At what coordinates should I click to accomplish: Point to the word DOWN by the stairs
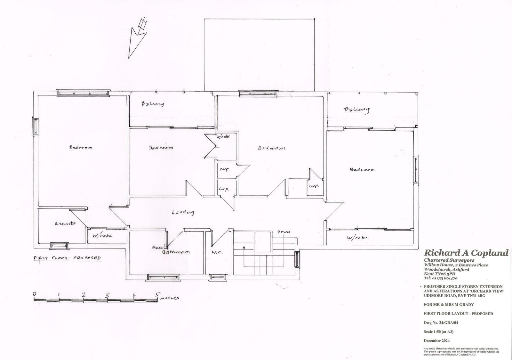[283, 232]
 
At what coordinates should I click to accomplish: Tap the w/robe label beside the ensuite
[102, 236]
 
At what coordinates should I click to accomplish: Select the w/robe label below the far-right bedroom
[357, 238]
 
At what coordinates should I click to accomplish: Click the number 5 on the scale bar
[157, 295]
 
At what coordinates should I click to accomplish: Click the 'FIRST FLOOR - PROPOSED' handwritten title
[67, 258]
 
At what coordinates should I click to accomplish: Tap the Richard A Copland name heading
[466, 253]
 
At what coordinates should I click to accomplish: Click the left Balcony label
[153, 104]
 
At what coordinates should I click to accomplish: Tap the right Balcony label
[357, 110]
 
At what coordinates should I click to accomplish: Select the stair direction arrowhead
[244, 247]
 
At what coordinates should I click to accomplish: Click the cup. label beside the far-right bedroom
[314, 186]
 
